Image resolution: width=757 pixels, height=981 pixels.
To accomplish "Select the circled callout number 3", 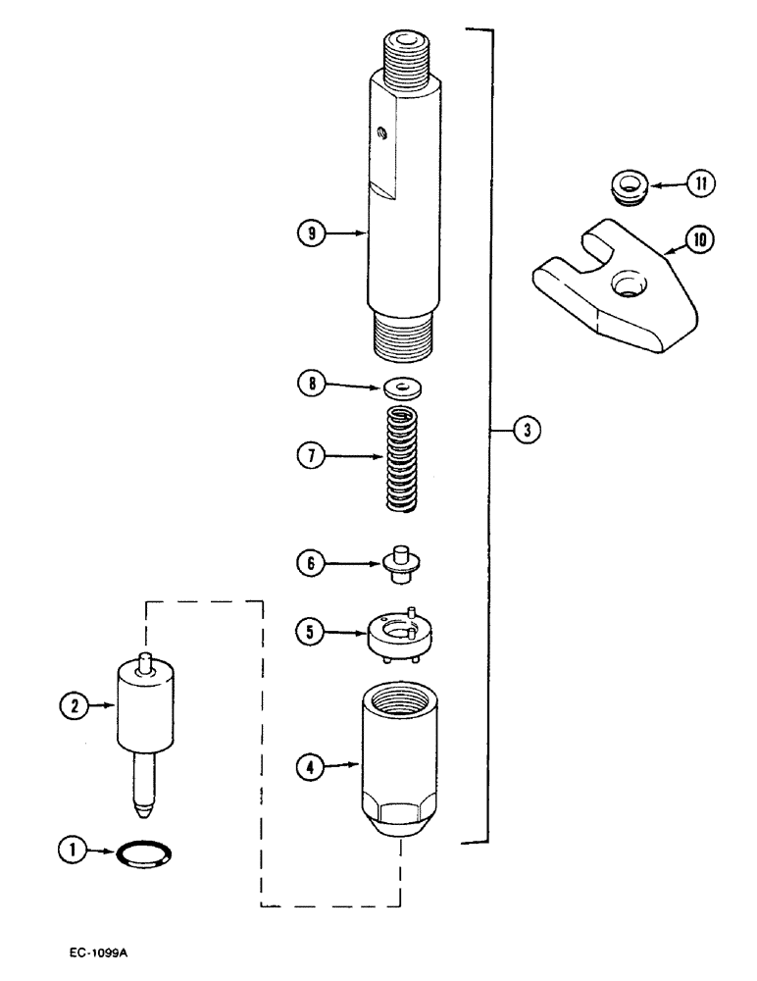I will pyautogui.click(x=527, y=429).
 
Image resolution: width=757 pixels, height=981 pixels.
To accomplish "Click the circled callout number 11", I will pyautogui.click(x=703, y=183).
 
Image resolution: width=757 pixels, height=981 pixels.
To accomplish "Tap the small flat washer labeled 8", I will pyautogui.click(x=399, y=385).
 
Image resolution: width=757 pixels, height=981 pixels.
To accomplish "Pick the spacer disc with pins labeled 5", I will pyautogui.click(x=401, y=636).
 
